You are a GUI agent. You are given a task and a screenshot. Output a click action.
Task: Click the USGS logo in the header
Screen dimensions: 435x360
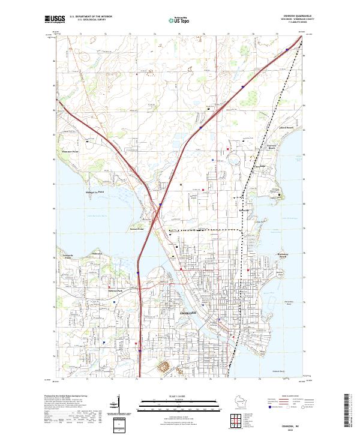pos(54,19)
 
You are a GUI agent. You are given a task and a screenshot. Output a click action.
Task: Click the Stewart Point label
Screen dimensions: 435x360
pos(137,229)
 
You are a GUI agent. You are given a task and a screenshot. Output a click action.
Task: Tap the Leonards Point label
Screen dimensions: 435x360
pos(68,256)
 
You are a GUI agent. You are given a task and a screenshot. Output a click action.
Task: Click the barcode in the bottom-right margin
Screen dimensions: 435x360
pos(350,411)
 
